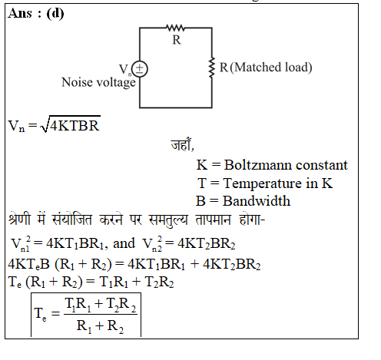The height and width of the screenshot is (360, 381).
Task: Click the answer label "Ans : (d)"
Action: [x=36, y=13]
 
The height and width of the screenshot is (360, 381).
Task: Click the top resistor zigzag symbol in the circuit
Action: [x=175, y=28]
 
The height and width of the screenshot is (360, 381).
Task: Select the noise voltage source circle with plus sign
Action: [x=140, y=69]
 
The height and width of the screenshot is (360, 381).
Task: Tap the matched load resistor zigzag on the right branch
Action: [x=211, y=68]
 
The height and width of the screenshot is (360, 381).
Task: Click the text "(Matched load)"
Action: [x=271, y=68]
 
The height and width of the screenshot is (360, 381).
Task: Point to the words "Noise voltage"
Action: [x=98, y=83]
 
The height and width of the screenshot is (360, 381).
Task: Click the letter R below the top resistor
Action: [x=177, y=40]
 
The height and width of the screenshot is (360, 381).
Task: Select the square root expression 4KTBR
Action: [x=71, y=124]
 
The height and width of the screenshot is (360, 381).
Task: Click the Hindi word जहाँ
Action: [x=181, y=144]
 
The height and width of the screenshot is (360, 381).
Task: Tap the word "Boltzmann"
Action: [x=258, y=165]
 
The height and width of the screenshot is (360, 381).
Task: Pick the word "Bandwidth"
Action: [x=257, y=201]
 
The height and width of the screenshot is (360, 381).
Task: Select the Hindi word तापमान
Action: [x=214, y=220]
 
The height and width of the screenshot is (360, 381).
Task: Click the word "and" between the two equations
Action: [x=124, y=243]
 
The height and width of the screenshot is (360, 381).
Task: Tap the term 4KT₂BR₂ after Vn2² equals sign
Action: [x=207, y=243]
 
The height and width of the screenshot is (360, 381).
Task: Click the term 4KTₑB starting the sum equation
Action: [x=28, y=264]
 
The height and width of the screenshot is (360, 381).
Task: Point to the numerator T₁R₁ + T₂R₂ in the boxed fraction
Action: [x=101, y=305]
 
